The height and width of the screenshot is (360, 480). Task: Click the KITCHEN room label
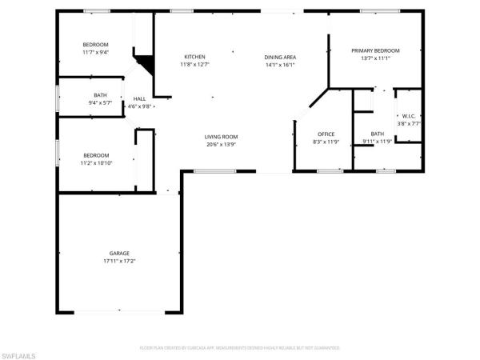click(x=195, y=57)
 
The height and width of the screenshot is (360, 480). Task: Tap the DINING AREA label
click(x=282, y=57)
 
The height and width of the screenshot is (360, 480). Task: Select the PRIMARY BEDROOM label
click(x=375, y=50)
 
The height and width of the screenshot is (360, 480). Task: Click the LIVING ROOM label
click(x=222, y=137)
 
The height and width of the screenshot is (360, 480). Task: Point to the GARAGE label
click(x=119, y=253)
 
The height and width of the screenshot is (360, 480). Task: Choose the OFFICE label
click(x=326, y=134)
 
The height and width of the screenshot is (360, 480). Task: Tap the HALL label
click(x=139, y=98)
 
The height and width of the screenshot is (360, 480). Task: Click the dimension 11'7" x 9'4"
click(x=95, y=52)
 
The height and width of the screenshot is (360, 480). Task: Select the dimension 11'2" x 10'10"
click(x=96, y=162)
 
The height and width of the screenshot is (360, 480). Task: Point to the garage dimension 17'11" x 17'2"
click(x=119, y=261)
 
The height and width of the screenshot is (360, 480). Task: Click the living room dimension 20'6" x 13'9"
click(x=222, y=145)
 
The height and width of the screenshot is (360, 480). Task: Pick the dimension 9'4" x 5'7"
click(x=101, y=103)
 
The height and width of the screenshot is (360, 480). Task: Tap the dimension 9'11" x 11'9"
click(x=377, y=142)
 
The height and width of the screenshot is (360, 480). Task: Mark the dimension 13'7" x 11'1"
click(x=375, y=58)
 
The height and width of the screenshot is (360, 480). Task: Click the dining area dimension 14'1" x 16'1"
click(x=282, y=65)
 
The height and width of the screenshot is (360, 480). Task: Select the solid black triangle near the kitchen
click(x=145, y=64)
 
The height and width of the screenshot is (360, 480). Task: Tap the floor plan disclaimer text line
click(x=240, y=348)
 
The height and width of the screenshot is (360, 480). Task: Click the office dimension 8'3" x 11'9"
click(x=326, y=142)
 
